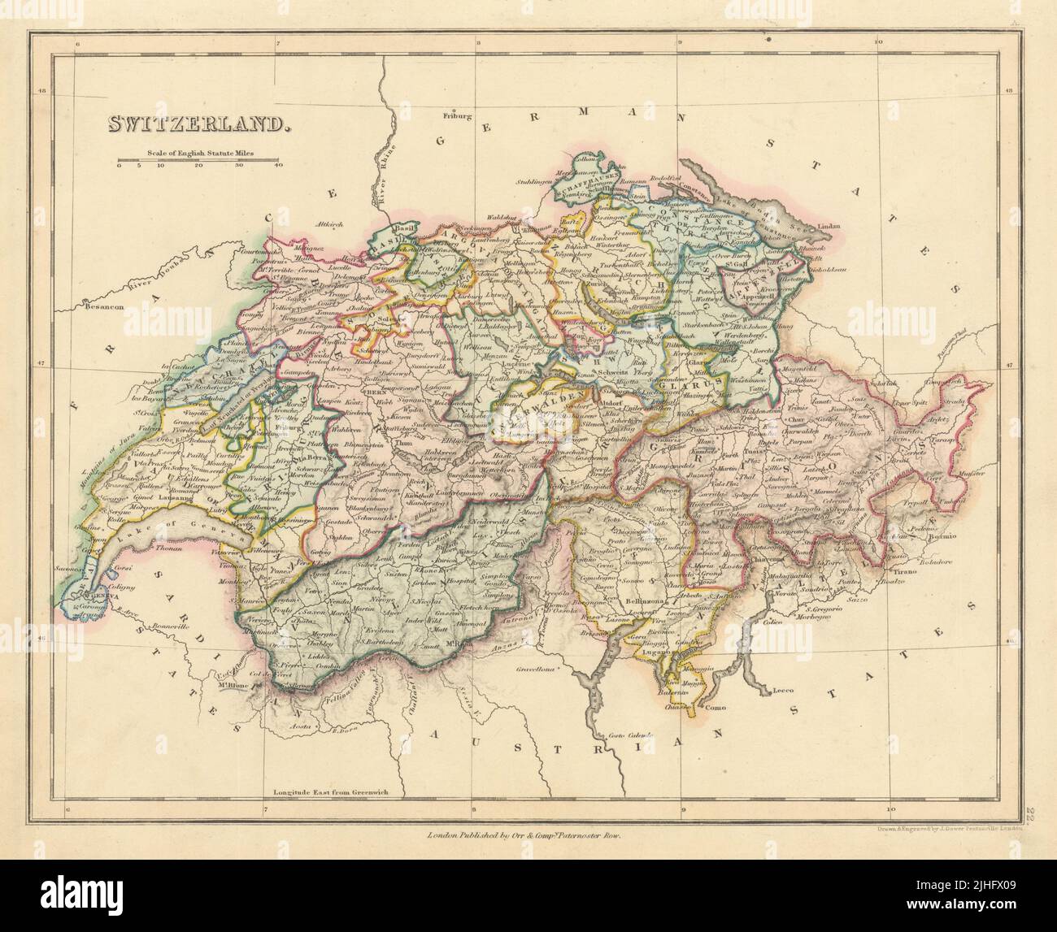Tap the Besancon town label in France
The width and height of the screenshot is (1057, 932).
[92, 309]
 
